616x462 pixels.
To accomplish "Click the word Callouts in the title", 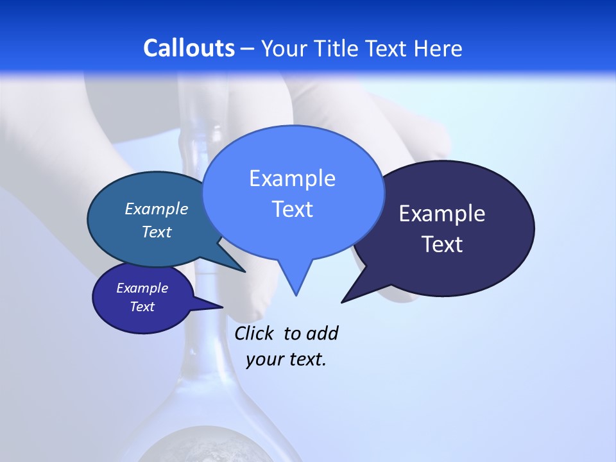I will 189,48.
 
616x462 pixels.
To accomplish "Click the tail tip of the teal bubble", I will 244,271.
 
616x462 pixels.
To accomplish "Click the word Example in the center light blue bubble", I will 292,178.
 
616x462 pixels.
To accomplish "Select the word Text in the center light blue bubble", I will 292,209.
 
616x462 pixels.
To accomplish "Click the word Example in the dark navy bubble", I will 442,214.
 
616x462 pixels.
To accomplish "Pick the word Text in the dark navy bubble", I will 442,244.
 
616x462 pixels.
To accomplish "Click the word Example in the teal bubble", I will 157,209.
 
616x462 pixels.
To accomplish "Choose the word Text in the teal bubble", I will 157,232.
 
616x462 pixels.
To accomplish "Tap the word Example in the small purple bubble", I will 142,288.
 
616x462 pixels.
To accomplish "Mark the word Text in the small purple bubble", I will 142,307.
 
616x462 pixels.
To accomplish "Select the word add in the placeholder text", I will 322,334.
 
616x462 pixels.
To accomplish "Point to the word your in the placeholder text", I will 264,359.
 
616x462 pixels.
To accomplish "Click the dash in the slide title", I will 248,49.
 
